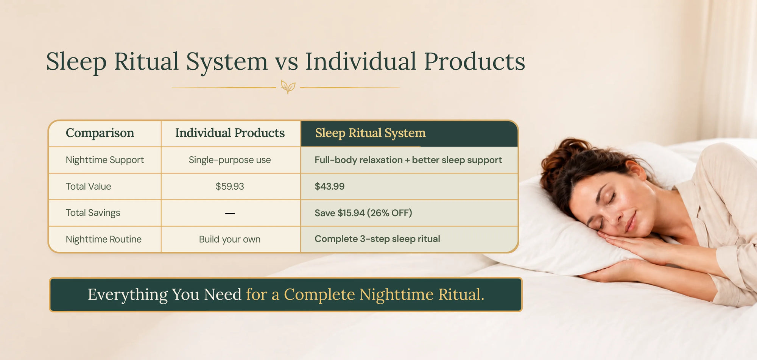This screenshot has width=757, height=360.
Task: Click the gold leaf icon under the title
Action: click(x=288, y=87)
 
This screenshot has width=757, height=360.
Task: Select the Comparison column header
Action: click(x=100, y=133)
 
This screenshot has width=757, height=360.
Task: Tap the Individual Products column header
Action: click(x=230, y=133)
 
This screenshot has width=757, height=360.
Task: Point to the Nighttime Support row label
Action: click(x=105, y=160)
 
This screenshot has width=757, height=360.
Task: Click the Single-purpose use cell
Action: click(x=230, y=160)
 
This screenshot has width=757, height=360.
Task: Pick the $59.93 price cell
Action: click(x=230, y=186)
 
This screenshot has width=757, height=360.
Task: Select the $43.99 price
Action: click(x=330, y=186)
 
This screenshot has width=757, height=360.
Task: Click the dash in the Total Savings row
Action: click(x=230, y=214)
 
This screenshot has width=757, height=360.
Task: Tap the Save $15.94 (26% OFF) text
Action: click(x=363, y=213)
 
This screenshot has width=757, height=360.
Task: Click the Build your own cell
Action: click(x=230, y=240)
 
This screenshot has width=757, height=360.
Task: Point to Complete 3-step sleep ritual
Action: click(x=377, y=239)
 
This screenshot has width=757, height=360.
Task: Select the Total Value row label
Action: click(x=88, y=186)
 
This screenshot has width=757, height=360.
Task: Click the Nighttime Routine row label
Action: click(x=104, y=239)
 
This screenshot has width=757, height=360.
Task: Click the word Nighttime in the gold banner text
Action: click(x=396, y=295)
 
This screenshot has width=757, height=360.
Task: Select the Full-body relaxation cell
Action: click(x=408, y=160)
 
